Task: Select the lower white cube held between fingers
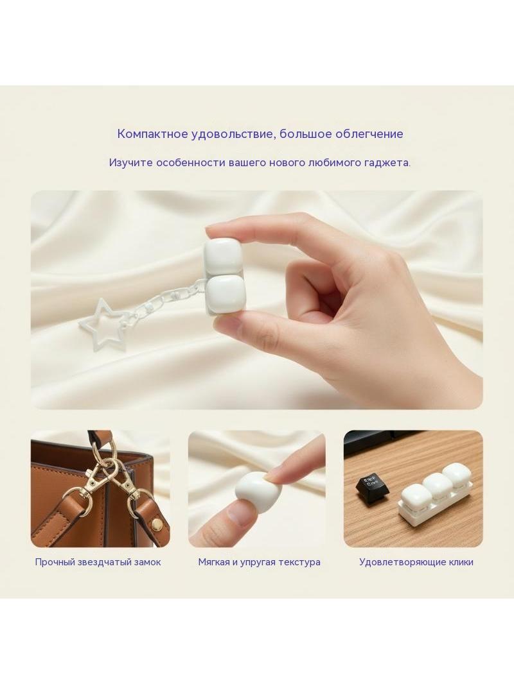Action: pos(224,295)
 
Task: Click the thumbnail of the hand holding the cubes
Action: pos(257,300)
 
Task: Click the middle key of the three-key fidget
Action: pos(436,486)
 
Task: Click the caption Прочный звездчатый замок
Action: pos(98,562)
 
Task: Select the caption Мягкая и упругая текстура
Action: pos(260,562)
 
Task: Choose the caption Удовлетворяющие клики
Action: pos(416,562)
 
